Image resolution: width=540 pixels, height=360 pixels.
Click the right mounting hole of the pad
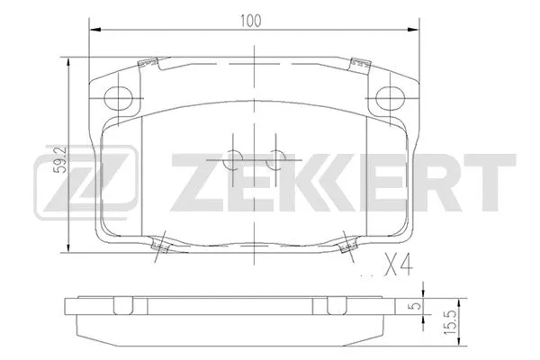[x=388, y=96]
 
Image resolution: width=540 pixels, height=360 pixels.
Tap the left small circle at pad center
[x=234, y=161]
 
